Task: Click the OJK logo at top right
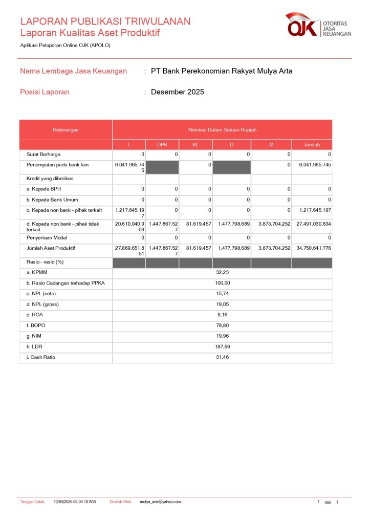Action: [x=318, y=26]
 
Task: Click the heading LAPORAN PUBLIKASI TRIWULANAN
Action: [x=105, y=21]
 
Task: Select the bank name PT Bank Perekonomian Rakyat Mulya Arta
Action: [x=222, y=71]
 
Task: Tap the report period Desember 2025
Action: [x=177, y=92]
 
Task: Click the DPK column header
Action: [x=162, y=145]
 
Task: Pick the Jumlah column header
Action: [x=312, y=145]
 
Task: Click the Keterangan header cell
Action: [x=66, y=130]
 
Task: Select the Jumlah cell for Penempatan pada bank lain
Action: [x=312, y=165]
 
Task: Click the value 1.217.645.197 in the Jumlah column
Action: [x=312, y=210]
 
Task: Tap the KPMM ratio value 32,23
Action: [x=222, y=273]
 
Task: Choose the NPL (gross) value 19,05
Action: [x=222, y=304]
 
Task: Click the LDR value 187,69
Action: [x=222, y=346]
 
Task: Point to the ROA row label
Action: [x=35, y=315]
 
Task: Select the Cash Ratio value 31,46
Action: [x=222, y=357]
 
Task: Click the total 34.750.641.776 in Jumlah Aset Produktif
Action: [x=312, y=248]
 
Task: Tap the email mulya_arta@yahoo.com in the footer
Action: [x=160, y=502]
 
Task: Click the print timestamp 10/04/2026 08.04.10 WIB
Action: [x=75, y=502]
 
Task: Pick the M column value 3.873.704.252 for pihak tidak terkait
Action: [x=271, y=224]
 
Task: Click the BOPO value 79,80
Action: [x=222, y=325]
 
